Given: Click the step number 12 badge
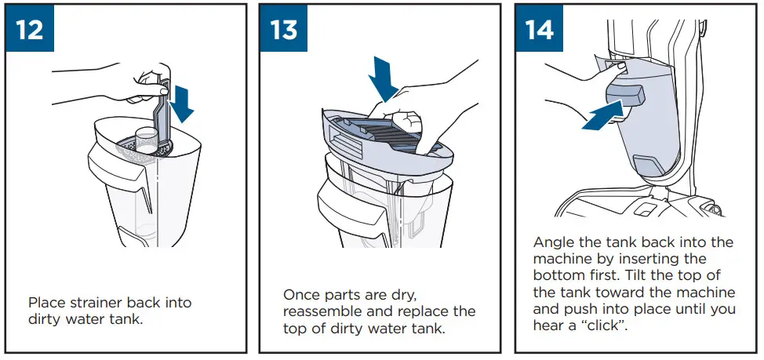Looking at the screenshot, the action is (29, 29).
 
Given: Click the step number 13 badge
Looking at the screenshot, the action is (284, 29).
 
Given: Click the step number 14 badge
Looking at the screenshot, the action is (540, 29).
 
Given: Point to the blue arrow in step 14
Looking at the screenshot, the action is (602, 115).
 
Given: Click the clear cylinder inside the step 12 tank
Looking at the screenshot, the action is (146, 140).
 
